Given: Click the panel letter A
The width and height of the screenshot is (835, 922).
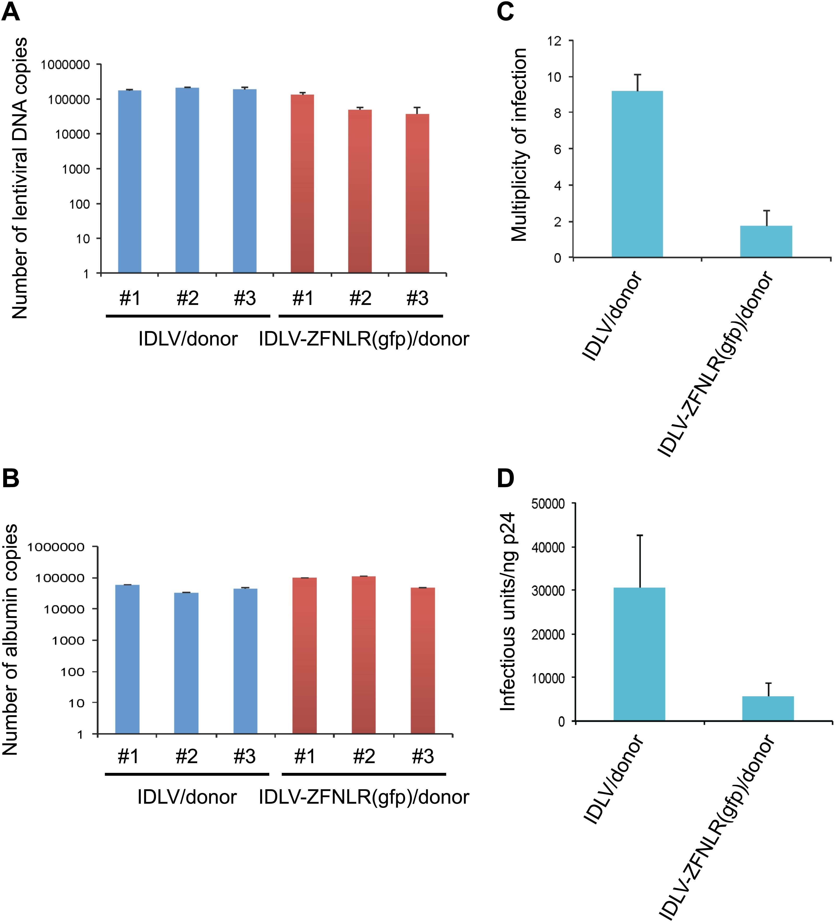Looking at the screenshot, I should tap(11, 12).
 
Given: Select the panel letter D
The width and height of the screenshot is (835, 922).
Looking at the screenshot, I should tap(505, 479).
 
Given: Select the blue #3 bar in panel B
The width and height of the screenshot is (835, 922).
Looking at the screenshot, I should tap(245, 661).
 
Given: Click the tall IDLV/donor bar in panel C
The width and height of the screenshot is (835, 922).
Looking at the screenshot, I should tap(637, 174).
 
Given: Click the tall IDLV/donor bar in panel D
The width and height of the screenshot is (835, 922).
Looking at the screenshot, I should tap(639, 654).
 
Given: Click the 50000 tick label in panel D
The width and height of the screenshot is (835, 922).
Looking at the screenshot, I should tap(548, 504).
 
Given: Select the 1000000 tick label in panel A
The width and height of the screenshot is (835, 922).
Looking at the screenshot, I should tap(65, 65).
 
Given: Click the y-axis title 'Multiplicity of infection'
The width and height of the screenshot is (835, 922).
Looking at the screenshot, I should tap(519, 144).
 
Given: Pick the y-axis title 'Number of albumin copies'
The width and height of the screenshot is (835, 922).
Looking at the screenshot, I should tap(10, 639).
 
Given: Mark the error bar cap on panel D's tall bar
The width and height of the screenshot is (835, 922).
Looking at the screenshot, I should tap(640, 535).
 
